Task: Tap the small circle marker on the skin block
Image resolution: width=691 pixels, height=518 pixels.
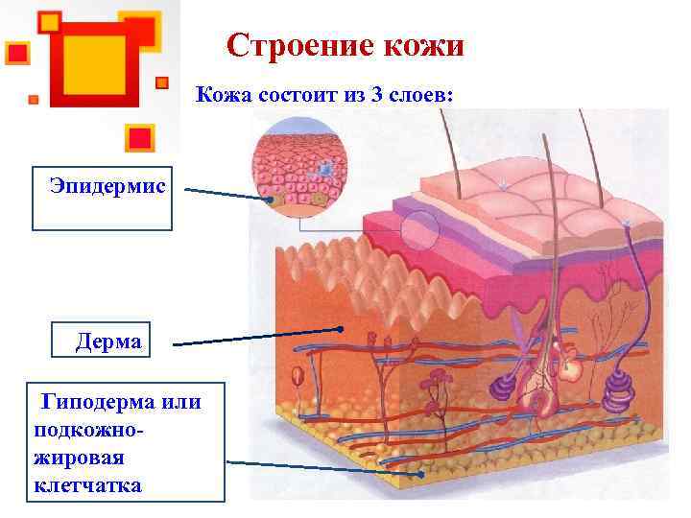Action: tap(419, 230)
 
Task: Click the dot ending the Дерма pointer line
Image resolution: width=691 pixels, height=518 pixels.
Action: tap(341, 328)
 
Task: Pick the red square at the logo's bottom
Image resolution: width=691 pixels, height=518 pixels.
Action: tap(140, 136)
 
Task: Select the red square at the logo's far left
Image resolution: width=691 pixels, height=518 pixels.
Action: tap(16, 52)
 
